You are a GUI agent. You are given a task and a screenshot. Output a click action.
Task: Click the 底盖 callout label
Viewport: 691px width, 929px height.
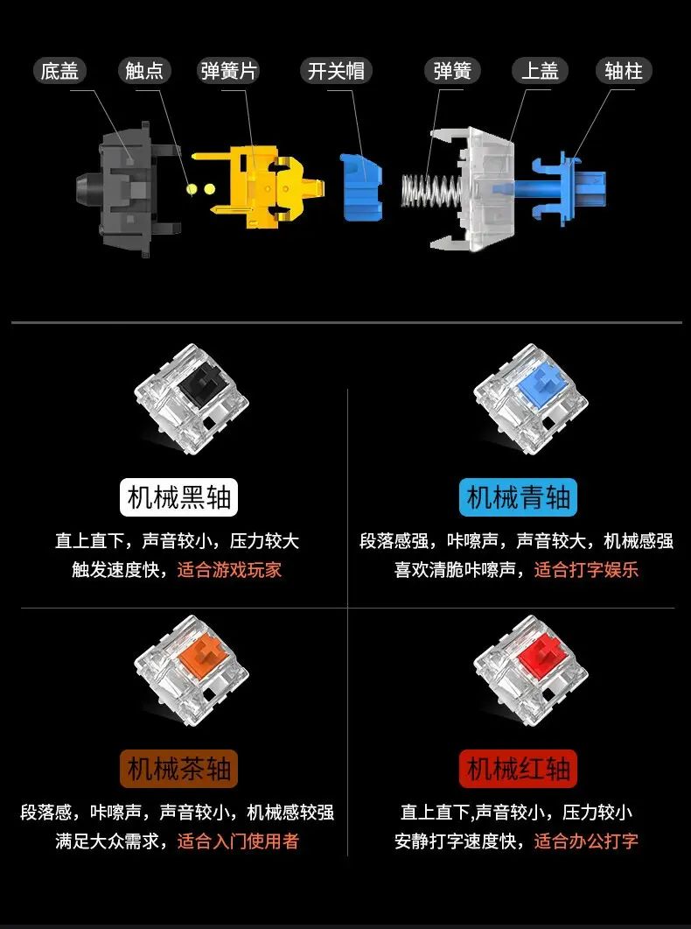pos(59,71)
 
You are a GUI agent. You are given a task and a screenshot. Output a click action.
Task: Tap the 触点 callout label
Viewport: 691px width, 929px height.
pos(143,71)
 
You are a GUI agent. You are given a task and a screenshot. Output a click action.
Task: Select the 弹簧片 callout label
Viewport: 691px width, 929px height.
pos(228,71)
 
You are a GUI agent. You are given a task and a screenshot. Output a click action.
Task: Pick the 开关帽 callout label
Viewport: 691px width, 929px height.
pos(336,71)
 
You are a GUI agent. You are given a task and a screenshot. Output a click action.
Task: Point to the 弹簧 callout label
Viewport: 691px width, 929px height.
pos(452,71)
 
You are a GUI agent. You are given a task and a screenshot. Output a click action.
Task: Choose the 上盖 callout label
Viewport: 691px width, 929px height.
pos(540,71)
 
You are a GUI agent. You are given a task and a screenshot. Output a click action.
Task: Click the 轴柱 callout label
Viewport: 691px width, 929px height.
pos(624,71)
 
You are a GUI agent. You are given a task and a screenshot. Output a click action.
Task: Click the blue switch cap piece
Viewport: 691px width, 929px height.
pos(361,186)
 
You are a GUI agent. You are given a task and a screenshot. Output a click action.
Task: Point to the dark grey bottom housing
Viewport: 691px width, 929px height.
pos(127,190)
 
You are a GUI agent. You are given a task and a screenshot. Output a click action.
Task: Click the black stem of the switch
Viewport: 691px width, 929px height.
pos(202,381)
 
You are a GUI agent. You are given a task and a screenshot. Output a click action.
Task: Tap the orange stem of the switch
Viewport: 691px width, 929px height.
pos(202,655)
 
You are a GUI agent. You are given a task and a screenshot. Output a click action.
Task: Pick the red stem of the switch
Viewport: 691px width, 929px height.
pos(542,655)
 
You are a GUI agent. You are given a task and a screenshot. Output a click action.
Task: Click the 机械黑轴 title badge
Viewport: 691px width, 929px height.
pos(178,497)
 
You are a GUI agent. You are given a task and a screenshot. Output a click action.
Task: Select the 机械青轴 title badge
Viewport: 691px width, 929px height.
pos(518,497)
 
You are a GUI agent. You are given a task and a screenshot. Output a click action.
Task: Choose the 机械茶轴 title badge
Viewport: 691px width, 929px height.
pos(178,769)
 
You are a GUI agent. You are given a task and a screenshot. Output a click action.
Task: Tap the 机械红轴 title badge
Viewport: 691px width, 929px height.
pos(518,769)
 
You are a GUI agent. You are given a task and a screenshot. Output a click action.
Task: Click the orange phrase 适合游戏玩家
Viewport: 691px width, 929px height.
pos(229,570)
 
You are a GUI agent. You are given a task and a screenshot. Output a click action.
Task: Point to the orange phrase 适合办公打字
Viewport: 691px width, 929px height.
pos(586,841)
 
